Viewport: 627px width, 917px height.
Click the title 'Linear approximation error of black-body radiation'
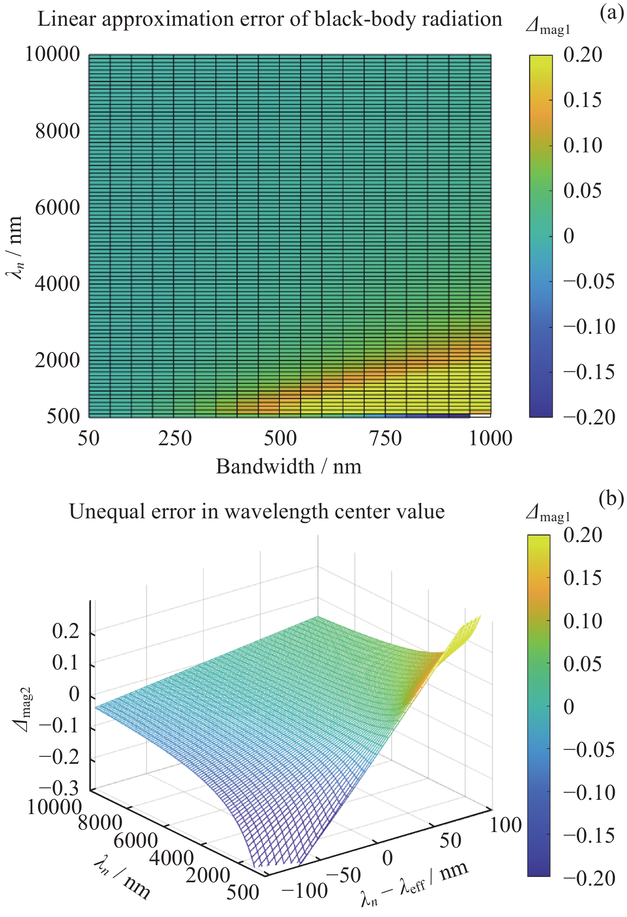click(x=270, y=19)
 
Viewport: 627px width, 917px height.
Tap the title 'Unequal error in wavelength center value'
click(x=257, y=511)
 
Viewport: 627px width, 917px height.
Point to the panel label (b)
click(x=611, y=498)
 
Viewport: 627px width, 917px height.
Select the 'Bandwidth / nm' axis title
click(x=288, y=466)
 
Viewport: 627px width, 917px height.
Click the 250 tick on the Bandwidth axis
click(x=175, y=439)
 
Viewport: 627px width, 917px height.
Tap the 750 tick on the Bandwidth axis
click(x=385, y=439)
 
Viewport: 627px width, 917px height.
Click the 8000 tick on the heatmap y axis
click(x=57, y=131)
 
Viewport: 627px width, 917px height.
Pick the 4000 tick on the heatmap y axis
click(x=57, y=283)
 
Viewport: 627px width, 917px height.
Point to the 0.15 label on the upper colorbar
click(x=582, y=100)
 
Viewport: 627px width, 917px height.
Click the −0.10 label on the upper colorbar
click(x=589, y=327)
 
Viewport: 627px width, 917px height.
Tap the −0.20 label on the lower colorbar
click(x=589, y=878)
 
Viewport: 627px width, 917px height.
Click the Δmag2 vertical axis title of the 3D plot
click(x=22, y=709)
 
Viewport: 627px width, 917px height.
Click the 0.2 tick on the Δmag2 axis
click(x=65, y=631)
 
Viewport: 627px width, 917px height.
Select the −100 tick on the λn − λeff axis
click(x=305, y=890)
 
